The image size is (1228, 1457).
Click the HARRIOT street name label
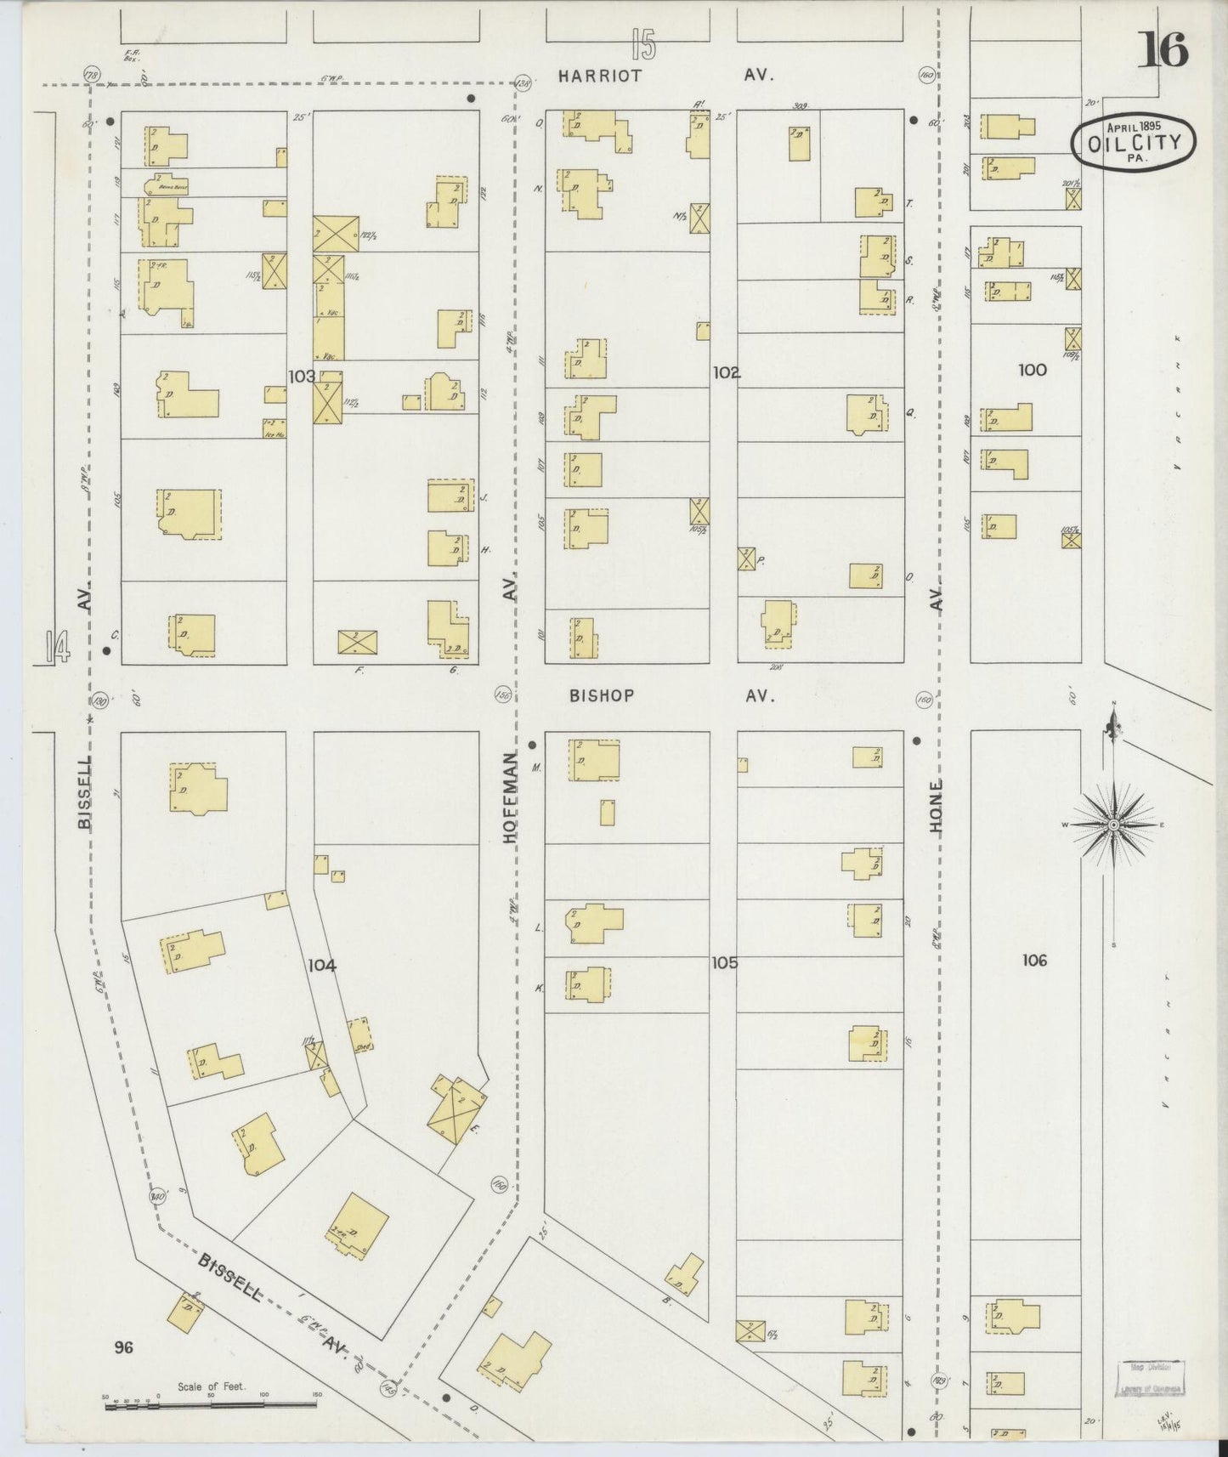pos(600,76)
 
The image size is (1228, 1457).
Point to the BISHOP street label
pos(602,695)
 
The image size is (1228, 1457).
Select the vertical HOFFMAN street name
pos(509,797)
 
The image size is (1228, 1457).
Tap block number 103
pos(302,375)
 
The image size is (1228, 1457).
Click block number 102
pos(726,371)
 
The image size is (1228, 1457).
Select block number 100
pos(1033,370)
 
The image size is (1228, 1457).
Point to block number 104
pos(322,966)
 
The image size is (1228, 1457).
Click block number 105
pos(725,963)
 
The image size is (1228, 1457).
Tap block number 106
pos(1033,961)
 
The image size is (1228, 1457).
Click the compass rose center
pos(1112,825)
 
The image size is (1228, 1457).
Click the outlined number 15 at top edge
pos(644,44)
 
